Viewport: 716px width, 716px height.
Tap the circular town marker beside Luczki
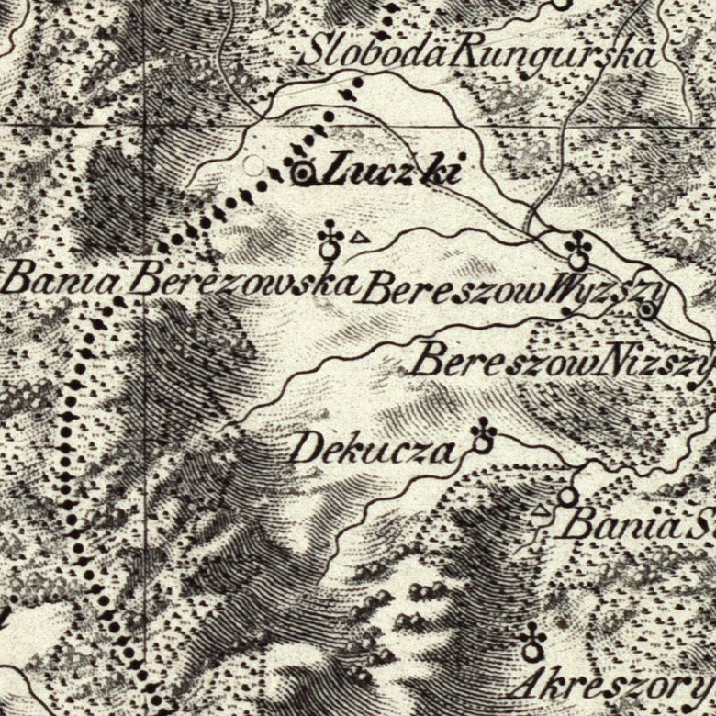pyautogui.click(x=304, y=172)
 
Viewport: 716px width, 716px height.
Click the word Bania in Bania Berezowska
pyautogui.click(x=61, y=277)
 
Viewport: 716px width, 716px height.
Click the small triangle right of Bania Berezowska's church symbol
pyautogui.click(x=360, y=238)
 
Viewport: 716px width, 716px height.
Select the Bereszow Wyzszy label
pyautogui.click(x=510, y=292)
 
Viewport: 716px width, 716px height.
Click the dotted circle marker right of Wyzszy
pyautogui.click(x=648, y=311)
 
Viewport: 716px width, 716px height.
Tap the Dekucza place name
pyautogui.click(x=372, y=451)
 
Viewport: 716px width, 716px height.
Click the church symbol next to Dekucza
pyautogui.click(x=483, y=438)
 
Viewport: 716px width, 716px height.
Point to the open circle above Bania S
pyautogui.click(x=567, y=497)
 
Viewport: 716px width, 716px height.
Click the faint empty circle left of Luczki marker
pyautogui.click(x=252, y=166)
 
